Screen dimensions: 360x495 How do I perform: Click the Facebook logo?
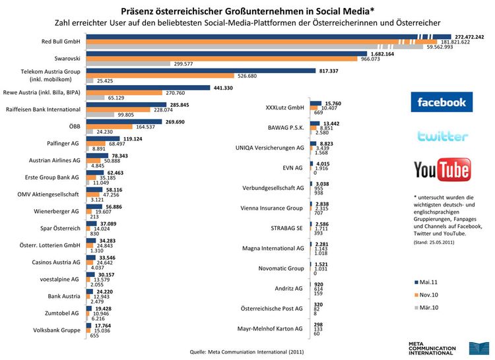click(x=442, y=102)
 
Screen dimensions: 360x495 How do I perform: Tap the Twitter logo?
click(x=442, y=136)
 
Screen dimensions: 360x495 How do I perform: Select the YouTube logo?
click(x=442, y=169)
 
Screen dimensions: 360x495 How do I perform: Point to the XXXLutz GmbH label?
click(x=282, y=107)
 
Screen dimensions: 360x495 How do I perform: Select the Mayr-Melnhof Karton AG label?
click(x=270, y=328)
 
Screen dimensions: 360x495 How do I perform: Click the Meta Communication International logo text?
click(x=432, y=349)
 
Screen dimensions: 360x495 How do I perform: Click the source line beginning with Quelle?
click(x=246, y=352)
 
